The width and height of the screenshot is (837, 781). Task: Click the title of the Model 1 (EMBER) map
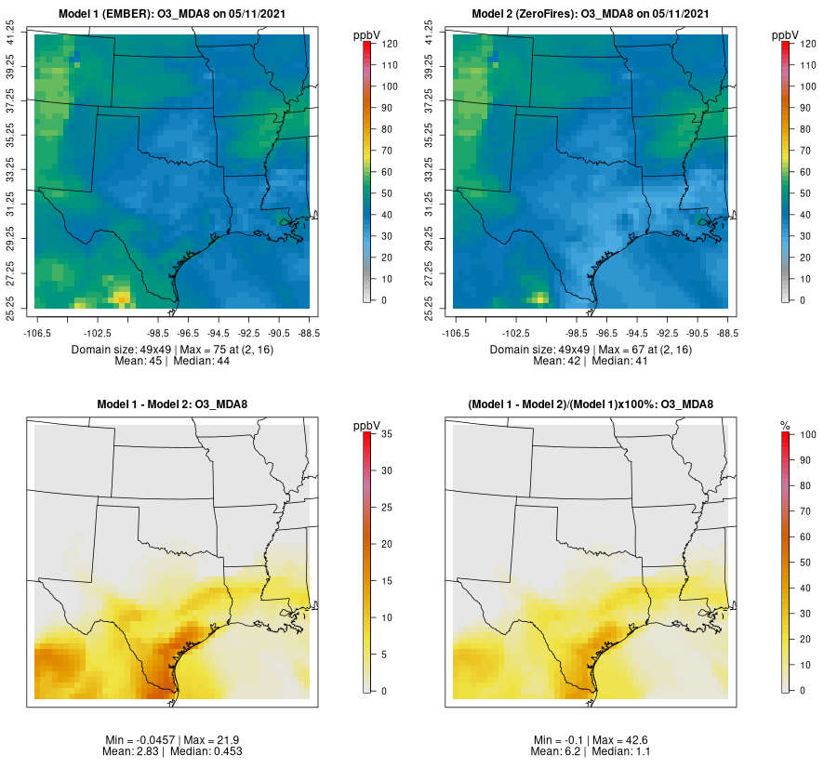[173, 13]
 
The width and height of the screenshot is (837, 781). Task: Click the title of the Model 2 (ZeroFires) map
[591, 13]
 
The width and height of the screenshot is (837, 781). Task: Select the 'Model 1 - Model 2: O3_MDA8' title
[172, 404]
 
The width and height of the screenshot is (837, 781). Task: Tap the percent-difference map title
[591, 404]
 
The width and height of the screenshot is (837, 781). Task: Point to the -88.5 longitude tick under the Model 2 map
[725, 331]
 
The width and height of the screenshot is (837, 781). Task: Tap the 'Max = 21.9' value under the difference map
[215, 740]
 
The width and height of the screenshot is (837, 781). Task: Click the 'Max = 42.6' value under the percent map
[632, 740]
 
